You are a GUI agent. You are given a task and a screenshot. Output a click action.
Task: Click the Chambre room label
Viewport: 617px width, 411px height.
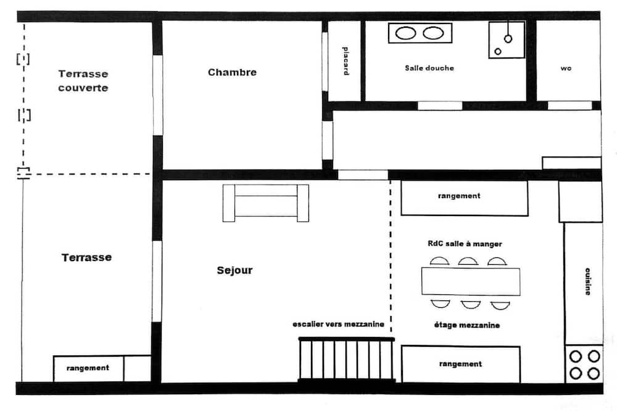(232, 72)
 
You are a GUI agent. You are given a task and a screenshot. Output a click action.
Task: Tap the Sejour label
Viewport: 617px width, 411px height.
(234, 270)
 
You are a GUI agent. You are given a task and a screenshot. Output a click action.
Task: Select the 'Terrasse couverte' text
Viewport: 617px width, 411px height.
(83, 81)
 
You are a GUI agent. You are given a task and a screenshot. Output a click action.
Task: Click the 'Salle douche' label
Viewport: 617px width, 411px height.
(429, 68)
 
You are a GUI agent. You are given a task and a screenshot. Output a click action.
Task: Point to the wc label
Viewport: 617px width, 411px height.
(566, 68)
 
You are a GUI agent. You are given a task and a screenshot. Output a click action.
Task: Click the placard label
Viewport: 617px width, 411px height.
(346, 61)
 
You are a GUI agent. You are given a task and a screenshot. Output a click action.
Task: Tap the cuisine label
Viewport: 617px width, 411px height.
(587, 281)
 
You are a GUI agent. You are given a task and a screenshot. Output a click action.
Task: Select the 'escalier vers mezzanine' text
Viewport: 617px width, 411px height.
(338, 325)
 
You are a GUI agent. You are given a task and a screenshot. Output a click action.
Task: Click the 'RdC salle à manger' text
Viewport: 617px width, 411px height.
(465, 244)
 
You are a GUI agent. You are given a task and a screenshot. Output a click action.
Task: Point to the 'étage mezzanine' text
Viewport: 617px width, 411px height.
(466, 325)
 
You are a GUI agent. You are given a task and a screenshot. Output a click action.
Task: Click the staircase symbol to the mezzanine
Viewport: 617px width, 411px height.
(346, 359)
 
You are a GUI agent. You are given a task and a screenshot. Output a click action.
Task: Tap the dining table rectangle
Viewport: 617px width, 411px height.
(471, 281)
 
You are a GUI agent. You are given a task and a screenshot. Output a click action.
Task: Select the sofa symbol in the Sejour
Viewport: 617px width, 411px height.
(265, 203)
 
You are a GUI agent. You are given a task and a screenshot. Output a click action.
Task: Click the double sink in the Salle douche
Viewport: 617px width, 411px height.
(420, 33)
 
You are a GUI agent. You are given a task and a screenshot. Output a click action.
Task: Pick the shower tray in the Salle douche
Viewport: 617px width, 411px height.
(507, 39)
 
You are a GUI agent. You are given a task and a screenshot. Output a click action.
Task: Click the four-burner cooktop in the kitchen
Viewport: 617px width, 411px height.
(584, 365)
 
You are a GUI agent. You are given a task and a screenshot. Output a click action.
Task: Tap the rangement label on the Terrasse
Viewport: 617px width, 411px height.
(88, 368)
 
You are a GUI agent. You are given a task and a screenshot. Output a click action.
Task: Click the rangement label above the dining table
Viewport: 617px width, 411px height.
(459, 196)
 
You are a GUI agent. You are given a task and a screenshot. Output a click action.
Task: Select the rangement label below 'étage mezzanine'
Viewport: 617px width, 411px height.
(460, 364)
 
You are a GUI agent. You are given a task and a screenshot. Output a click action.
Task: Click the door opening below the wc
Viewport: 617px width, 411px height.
(569, 106)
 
